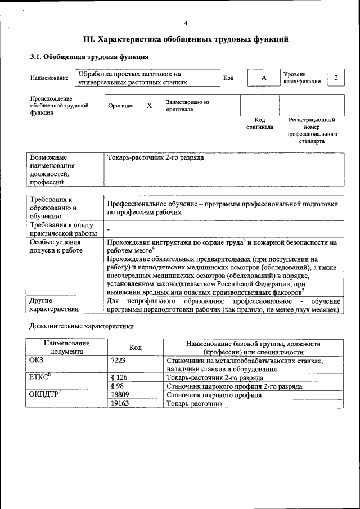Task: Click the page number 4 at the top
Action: click(186, 23)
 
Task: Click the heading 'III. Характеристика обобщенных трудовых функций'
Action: click(186, 40)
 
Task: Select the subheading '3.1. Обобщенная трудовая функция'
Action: click(89, 57)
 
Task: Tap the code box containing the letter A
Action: click(263, 78)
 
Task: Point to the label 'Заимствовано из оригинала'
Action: click(187, 106)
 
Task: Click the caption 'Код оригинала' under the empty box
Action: click(259, 123)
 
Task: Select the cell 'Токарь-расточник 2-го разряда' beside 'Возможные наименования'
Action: click(156, 158)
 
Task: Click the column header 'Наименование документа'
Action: click(66, 347)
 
